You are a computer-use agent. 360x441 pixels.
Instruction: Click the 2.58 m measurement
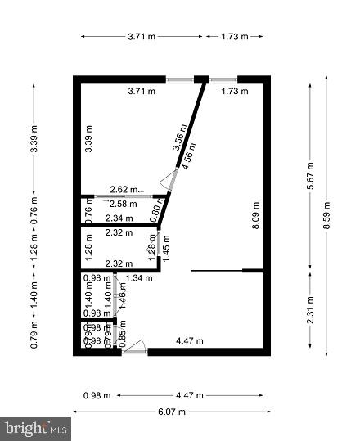pos(124,204)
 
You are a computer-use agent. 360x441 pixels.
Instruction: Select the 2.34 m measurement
pos(119,218)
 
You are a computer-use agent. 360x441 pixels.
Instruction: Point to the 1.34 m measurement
pos(140,279)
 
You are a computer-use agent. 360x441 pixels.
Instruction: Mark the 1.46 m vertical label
pos(123,293)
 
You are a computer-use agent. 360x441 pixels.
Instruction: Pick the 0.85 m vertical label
pos(123,337)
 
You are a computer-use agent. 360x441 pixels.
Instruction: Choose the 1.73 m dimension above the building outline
pos(234,37)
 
